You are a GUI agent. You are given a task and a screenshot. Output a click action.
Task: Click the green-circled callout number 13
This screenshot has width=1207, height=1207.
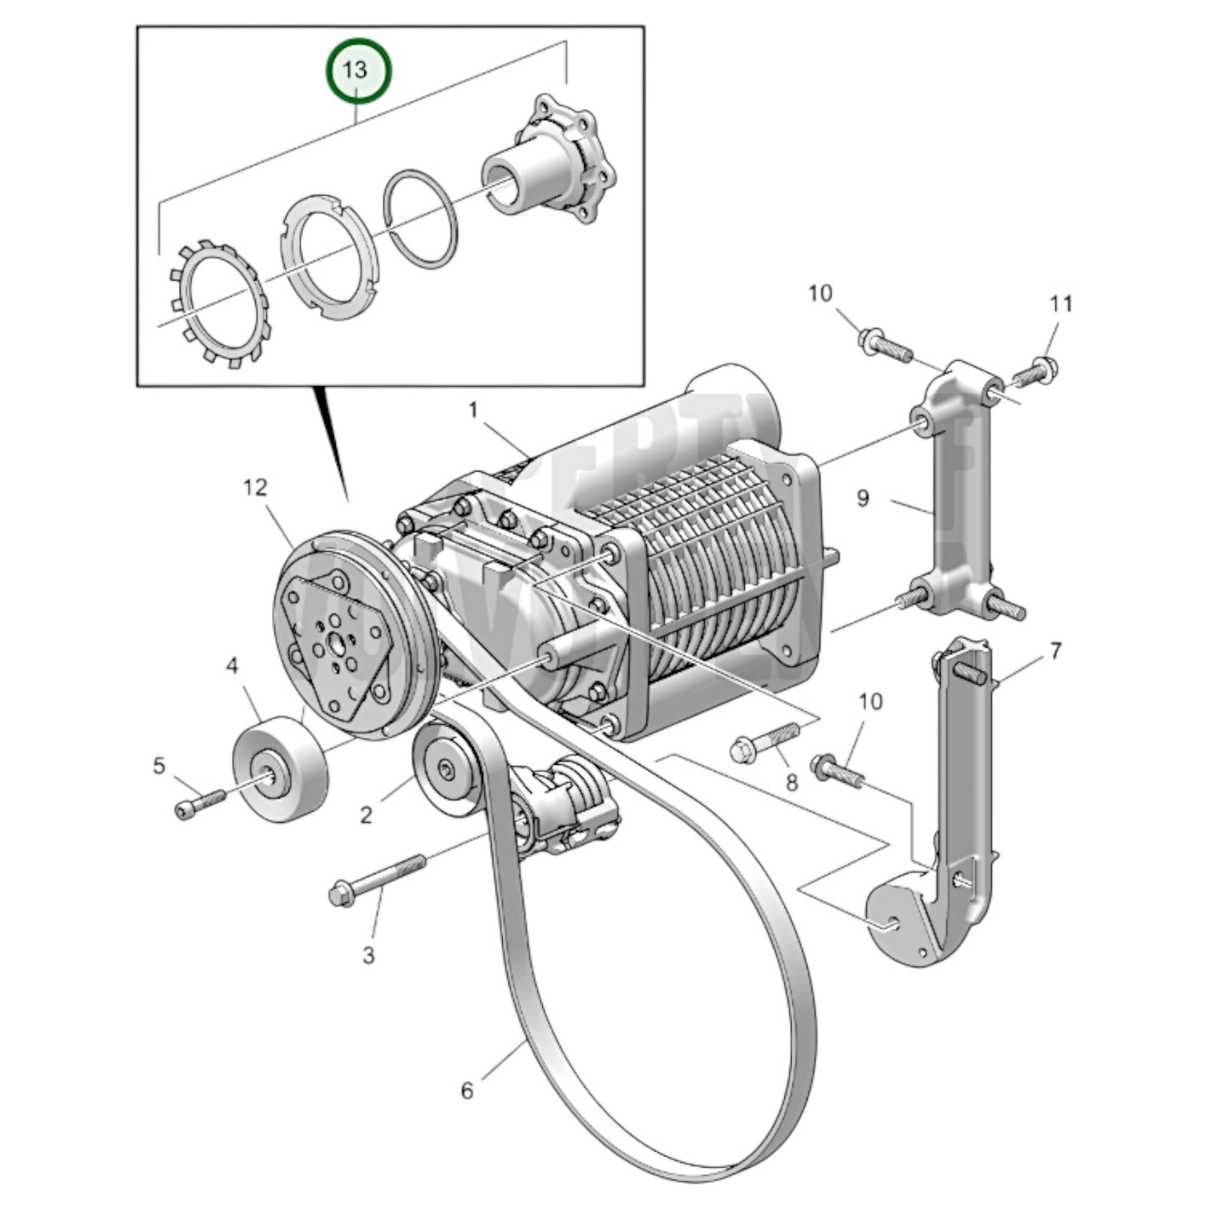(x=358, y=70)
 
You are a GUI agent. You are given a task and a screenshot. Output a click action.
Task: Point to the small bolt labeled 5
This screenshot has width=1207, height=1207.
(x=200, y=803)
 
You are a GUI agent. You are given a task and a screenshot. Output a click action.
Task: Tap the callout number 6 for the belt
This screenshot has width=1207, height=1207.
(x=467, y=1091)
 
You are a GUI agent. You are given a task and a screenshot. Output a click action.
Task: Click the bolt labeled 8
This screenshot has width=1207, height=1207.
(x=763, y=742)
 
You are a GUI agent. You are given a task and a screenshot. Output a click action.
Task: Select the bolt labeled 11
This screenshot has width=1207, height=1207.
(x=1036, y=372)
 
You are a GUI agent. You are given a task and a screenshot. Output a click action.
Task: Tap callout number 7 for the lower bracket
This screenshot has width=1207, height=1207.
(x=1056, y=650)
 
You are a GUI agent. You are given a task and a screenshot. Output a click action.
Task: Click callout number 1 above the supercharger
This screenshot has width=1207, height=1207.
(x=473, y=410)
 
